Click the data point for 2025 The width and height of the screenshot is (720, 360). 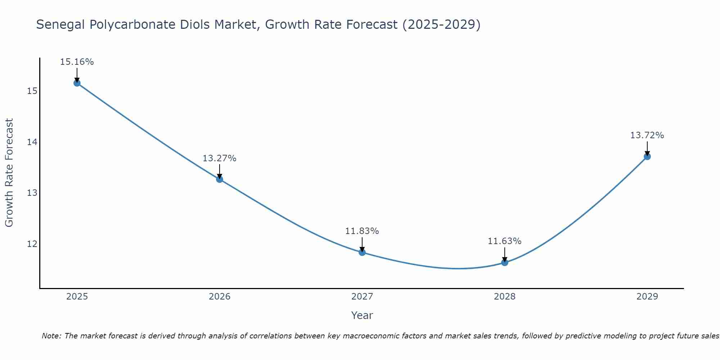[77, 83]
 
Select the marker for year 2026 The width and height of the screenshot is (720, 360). [220, 179]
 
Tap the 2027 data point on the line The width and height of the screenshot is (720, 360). [362, 252]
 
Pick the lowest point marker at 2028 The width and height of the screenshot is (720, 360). [505, 262]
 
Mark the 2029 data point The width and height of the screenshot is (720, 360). [647, 157]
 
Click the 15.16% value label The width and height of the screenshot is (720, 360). [77, 62]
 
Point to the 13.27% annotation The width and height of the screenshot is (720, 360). [220, 158]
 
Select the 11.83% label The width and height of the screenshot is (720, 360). [362, 231]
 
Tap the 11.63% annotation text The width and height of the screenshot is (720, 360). [505, 241]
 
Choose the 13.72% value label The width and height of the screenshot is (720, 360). [647, 135]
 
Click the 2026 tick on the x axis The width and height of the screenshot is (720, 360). [220, 297]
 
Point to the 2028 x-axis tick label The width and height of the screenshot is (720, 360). [505, 297]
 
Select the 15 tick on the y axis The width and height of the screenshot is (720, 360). [32, 91]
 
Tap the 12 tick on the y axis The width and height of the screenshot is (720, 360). [32, 244]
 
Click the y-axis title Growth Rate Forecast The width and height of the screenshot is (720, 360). [9, 173]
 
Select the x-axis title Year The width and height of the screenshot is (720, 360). [362, 315]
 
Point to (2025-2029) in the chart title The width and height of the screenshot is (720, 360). [441, 25]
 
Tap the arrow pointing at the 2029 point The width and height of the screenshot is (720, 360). [647, 148]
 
